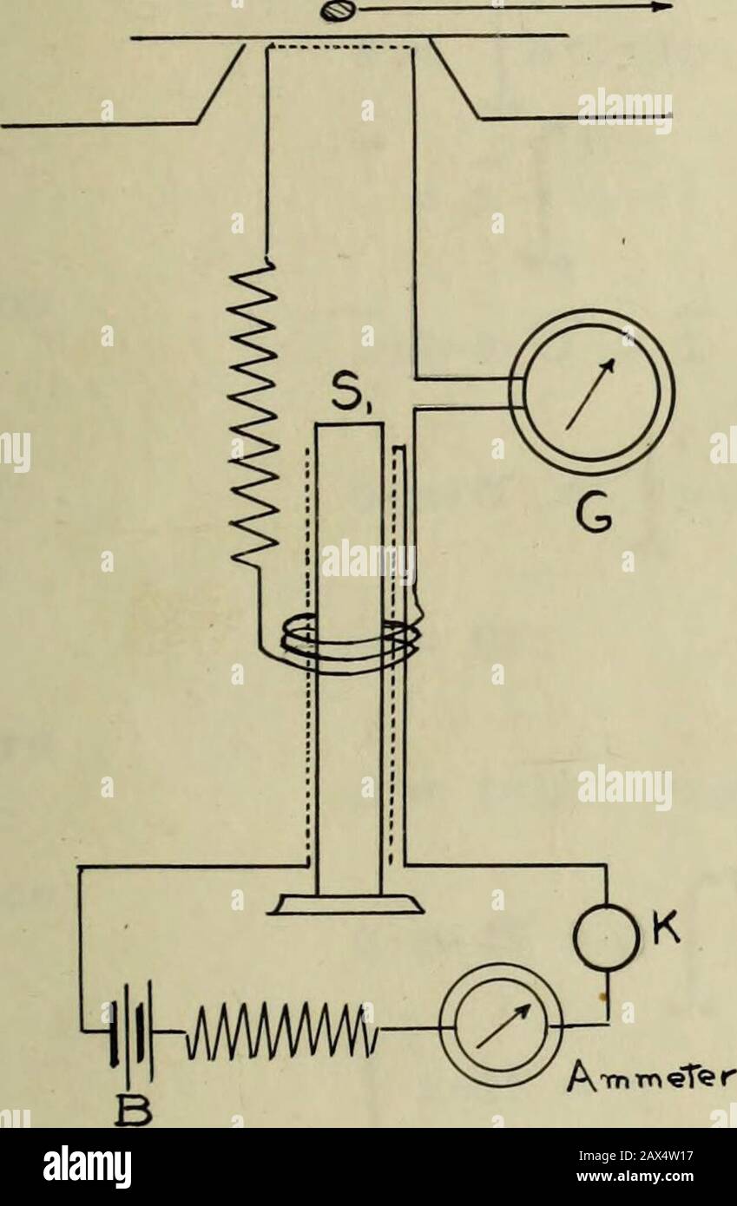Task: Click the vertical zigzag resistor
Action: point(253,414)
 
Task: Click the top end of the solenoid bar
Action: point(349,424)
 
